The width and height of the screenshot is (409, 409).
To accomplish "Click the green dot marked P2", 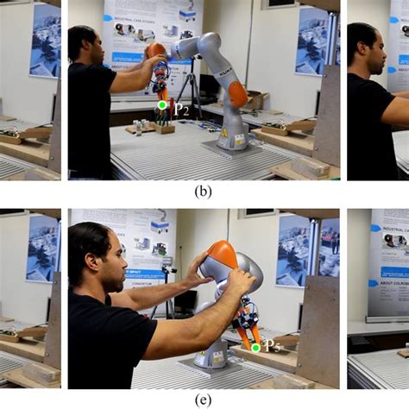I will pyautogui.click(x=161, y=105).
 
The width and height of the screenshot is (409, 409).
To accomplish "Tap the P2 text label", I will pyautogui.click(x=180, y=109).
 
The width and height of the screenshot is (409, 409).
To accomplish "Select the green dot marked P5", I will pyautogui.click(x=255, y=347).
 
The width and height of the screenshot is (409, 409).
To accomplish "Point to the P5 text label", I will pyautogui.click(x=272, y=346).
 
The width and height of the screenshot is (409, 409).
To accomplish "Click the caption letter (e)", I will pyautogui.click(x=204, y=400).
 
